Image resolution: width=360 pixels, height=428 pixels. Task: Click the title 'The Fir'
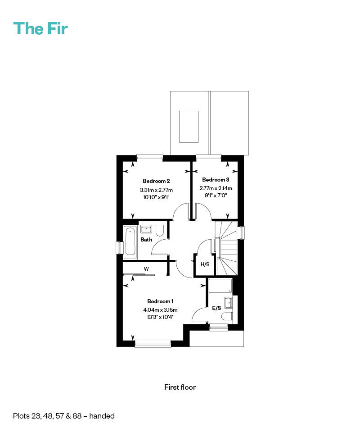40,28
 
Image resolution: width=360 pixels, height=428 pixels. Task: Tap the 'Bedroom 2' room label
156,181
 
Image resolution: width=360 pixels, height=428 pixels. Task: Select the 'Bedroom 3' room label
216,180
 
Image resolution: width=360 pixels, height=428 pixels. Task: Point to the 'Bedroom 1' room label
160,301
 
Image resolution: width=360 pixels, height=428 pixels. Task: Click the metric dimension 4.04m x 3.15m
160,310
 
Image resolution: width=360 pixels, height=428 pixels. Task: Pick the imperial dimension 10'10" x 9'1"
156,197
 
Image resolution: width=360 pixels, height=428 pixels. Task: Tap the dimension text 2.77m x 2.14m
216,188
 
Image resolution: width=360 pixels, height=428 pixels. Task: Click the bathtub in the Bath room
130,242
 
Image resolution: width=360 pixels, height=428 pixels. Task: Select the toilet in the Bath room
160,231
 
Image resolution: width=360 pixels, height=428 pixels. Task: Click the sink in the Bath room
146,229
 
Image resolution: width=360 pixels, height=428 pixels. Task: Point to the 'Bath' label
146,240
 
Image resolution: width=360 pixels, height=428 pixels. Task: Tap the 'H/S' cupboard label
205,264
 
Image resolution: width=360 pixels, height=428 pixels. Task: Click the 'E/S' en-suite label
216,308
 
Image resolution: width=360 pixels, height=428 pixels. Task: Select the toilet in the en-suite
227,317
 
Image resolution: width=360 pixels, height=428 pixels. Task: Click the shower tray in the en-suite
220,286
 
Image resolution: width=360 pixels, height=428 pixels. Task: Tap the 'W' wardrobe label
146,269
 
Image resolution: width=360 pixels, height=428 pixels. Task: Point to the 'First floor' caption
180,387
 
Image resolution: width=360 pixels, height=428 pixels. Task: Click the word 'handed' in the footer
102,416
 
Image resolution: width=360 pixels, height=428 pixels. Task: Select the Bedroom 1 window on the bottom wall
153,343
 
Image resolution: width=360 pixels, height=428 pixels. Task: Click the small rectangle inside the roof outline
189,127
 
